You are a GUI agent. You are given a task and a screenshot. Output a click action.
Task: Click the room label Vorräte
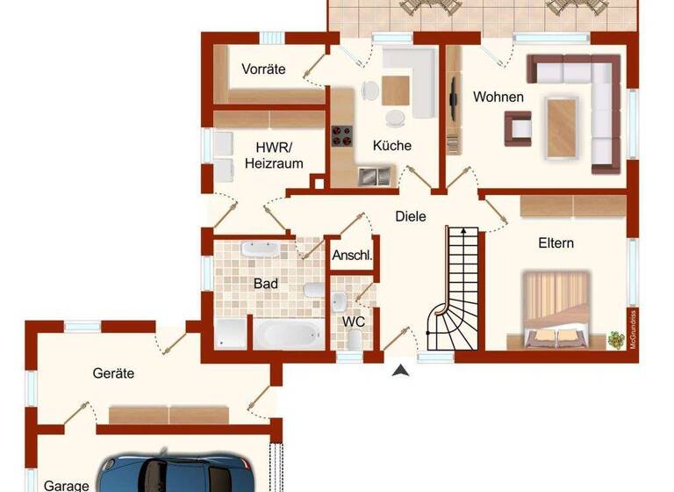coord(264,69)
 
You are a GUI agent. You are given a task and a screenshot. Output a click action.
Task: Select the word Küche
coord(391,146)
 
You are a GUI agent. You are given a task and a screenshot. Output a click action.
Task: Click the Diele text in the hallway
coord(410,215)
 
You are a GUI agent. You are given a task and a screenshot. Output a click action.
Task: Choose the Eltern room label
coord(556,242)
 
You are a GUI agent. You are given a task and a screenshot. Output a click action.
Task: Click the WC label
coord(354,321)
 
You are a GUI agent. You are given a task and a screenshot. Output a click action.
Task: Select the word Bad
coord(266,284)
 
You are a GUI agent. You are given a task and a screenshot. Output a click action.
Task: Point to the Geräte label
coord(113,373)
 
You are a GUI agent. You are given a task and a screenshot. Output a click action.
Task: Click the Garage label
coord(67,485)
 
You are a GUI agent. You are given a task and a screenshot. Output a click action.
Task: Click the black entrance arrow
coord(401,371)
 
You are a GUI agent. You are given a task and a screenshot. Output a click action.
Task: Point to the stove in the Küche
coord(341,135)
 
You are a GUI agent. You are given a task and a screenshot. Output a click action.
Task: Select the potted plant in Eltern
coord(616,336)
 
